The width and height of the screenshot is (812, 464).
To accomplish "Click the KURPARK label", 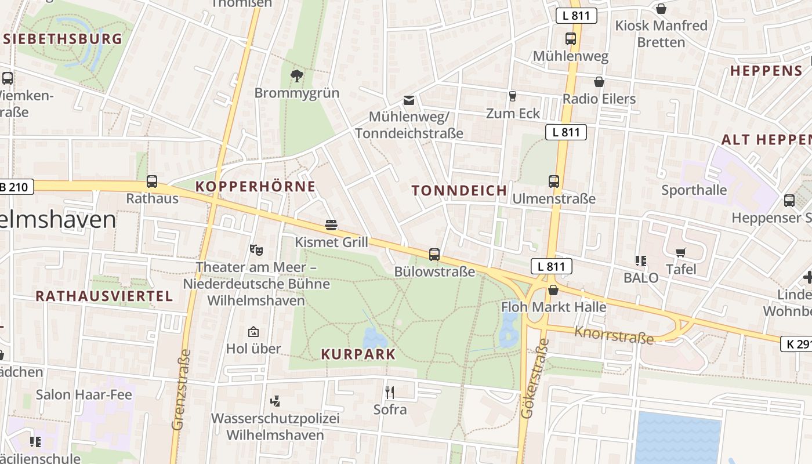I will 358,354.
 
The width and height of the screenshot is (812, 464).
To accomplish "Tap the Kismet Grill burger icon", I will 331,224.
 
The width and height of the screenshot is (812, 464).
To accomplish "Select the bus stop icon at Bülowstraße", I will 434,254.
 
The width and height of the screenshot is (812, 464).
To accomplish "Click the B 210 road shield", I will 16,186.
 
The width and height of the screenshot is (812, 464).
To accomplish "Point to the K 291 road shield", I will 797,344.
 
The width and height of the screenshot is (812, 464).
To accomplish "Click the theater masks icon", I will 256,250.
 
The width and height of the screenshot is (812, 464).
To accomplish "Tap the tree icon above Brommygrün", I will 296,75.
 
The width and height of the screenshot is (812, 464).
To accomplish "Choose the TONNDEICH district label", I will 459,190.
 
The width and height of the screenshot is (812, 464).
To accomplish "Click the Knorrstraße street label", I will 614,335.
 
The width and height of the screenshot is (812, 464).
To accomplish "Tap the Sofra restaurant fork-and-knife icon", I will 390,393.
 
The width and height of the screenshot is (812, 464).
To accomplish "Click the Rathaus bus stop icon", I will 152,182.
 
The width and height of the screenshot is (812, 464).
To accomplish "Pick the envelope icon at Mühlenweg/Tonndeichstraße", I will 409,100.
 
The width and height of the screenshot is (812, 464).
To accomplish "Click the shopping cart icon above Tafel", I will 681,252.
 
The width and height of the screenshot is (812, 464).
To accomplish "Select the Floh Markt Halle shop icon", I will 553,290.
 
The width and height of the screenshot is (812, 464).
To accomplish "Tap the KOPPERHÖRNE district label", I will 256,186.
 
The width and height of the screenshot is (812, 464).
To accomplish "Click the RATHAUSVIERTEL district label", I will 104,296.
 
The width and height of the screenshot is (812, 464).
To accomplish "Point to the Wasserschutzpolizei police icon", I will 275,401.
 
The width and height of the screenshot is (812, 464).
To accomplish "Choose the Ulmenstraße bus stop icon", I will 554,181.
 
